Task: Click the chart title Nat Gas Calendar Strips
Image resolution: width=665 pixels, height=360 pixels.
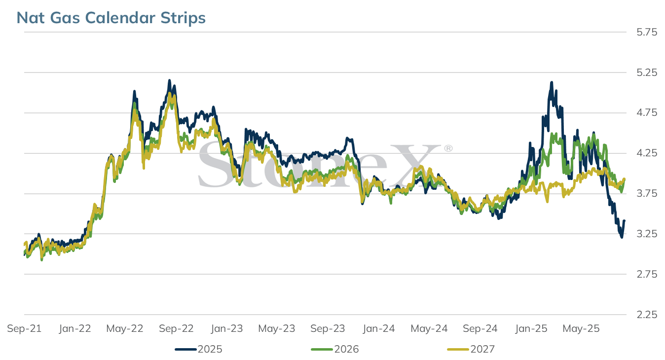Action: tap(111, 18)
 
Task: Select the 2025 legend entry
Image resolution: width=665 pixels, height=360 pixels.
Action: tap(199, 349)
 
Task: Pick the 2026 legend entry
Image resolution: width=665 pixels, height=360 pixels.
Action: tap(335, 349)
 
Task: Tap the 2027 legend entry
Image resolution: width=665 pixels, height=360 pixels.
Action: tap(471, 349)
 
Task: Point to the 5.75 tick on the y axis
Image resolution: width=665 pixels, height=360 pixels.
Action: tap(647, 32)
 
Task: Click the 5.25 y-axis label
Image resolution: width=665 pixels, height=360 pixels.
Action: tap(647, 72)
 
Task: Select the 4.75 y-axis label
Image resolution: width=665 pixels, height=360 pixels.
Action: tap(647, 113)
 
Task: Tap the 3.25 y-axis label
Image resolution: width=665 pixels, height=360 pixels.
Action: tap(647, 234)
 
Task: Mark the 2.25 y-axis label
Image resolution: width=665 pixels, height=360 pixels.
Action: tap(647, 315)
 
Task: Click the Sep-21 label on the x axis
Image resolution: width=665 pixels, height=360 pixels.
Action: tap(24, 328)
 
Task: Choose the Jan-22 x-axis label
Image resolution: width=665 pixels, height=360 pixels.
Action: tap(75, 328)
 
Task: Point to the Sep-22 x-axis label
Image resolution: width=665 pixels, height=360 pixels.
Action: tap(176, 328)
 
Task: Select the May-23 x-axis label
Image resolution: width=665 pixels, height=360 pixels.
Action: tap(277, 328)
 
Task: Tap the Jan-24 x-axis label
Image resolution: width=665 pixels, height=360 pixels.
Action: tap(379, 328)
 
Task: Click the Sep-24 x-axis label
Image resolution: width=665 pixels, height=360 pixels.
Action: tap(480, 328)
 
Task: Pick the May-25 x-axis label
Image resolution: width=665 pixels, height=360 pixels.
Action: tap(581, 328)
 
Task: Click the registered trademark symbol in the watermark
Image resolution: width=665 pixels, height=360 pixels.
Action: tap(448, 148)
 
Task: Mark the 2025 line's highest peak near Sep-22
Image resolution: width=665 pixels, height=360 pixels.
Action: tap(170, 80)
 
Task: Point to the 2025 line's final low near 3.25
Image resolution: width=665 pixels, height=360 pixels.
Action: tap(622, 237)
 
